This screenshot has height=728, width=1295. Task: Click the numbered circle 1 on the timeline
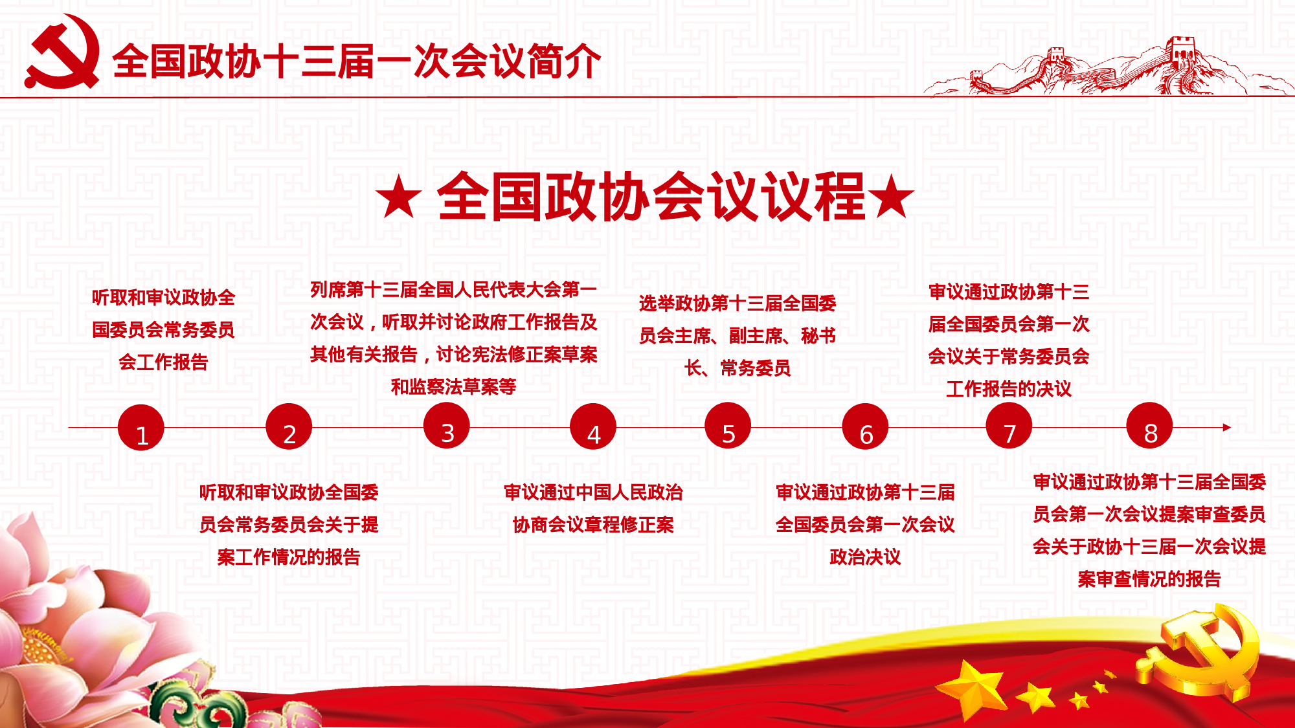141,428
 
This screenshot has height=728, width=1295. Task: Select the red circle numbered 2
289,426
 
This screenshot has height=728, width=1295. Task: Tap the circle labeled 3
446,426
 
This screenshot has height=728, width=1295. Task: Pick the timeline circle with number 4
593,426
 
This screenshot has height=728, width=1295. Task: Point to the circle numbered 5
728,426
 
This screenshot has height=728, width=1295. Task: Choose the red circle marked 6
865,426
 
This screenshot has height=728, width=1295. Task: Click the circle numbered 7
1009,426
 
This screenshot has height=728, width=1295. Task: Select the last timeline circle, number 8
1149,426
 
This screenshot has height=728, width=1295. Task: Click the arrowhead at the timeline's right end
1227,427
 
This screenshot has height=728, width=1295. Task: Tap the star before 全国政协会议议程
399,196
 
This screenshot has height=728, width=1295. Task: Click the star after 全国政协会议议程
891,195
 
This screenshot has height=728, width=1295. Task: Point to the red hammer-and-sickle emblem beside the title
63,52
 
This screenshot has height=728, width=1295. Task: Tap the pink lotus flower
71,621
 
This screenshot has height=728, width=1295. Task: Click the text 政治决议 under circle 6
865,557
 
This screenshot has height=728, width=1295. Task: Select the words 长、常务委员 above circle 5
738,368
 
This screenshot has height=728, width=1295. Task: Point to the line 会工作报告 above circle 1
163,362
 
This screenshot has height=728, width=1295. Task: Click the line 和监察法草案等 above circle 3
453,386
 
